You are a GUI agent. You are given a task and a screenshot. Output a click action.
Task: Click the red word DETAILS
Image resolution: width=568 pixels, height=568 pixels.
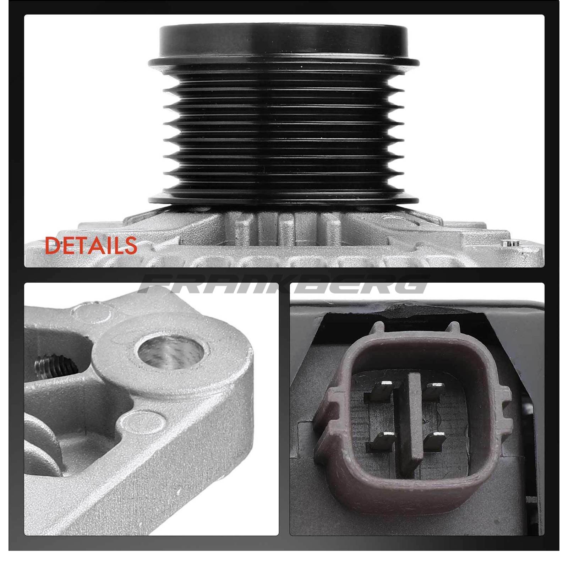91,245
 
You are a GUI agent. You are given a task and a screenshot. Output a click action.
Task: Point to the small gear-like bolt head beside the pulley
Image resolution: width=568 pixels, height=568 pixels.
509,243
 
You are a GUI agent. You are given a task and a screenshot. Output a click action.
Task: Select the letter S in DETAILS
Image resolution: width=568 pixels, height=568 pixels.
130,245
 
